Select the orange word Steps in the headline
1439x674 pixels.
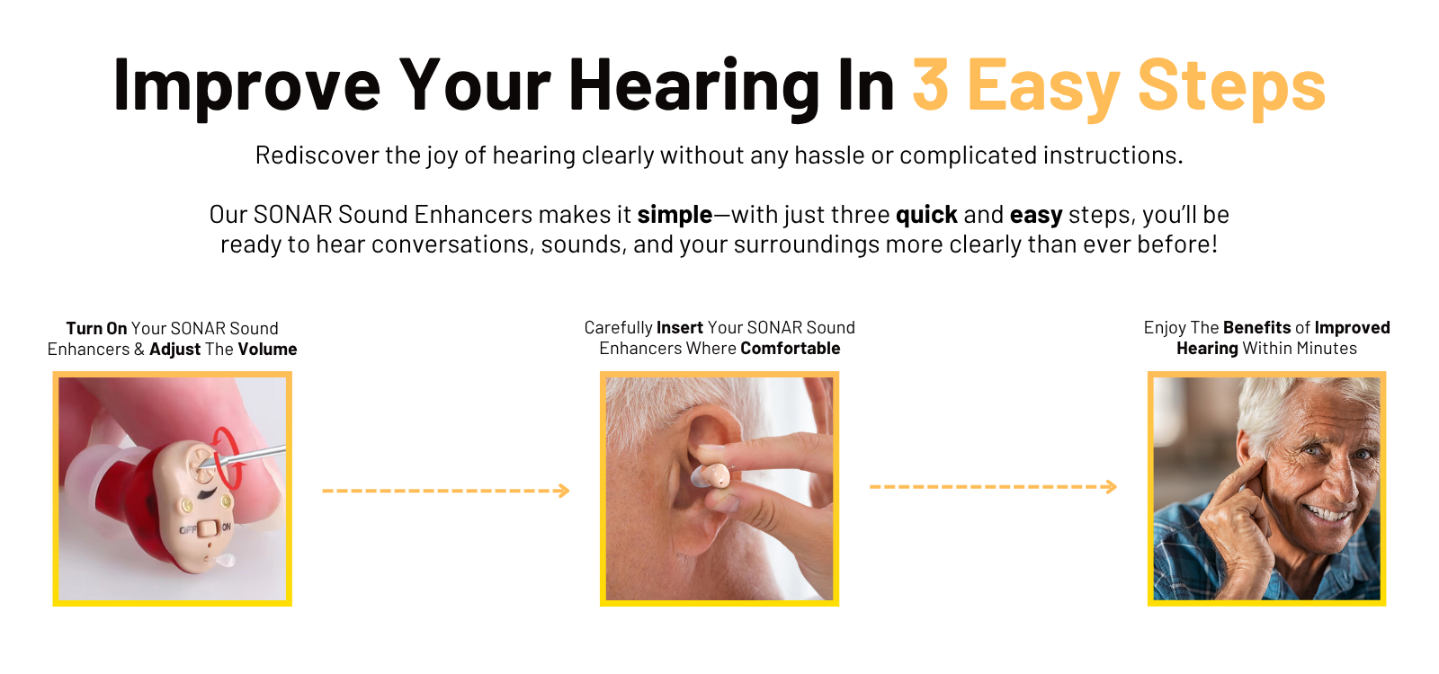1231,90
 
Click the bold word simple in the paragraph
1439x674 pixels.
675,215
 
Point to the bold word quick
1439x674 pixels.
926,215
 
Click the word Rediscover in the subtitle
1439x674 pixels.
317,155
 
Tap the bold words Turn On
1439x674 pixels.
96,328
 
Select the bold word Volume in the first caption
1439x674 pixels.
267,350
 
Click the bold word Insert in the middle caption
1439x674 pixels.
680,327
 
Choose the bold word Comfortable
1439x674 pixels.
791,348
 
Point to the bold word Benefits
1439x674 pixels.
1256,327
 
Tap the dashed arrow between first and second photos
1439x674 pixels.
446,491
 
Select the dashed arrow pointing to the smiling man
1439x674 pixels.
993,486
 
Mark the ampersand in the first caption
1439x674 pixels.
139,350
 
